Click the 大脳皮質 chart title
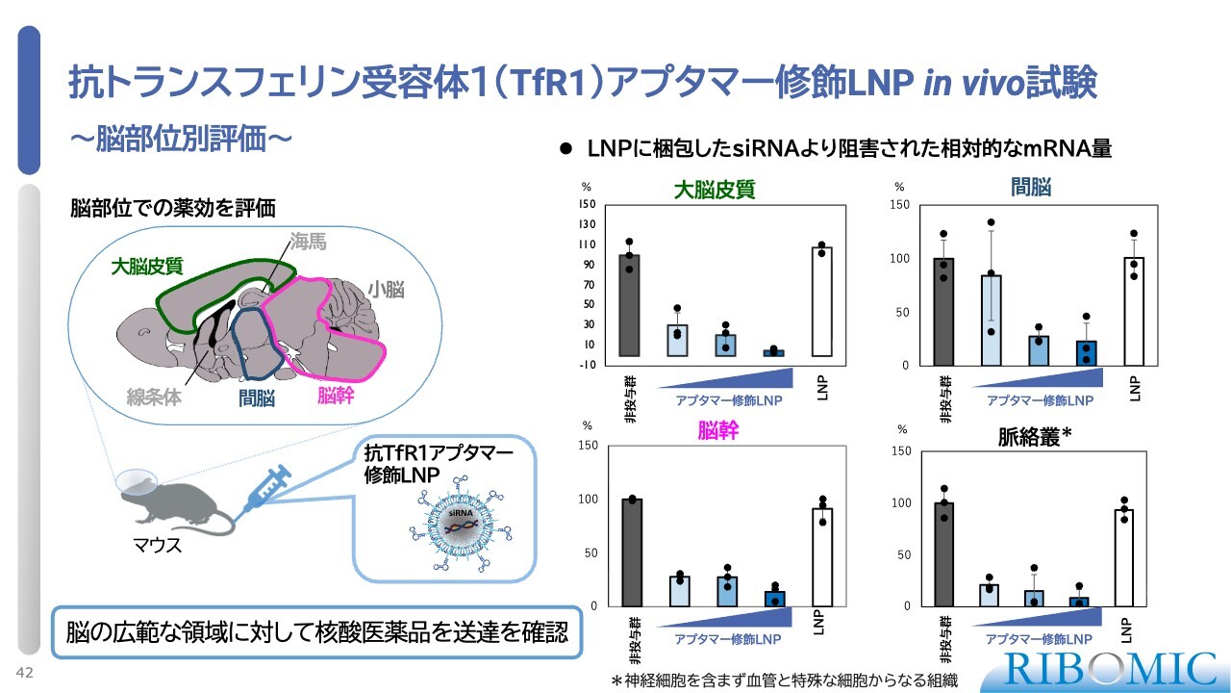click(x=715, y=190)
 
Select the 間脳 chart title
click(x=1030, y=187)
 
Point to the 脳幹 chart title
click(x=717, y=430)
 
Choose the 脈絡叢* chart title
click(x=1034, y=437)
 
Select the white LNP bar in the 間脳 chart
click(x=1134, y=311)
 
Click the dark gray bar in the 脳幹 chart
click(x=632, y=552)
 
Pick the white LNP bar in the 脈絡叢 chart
click(x=1123, y=558)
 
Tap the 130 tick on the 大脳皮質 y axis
click(x=587, y=223)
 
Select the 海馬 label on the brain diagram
click(x=309, y=243)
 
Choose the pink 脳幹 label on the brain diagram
click(x=336, y=395)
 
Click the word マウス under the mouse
click(x=157, y=547)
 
